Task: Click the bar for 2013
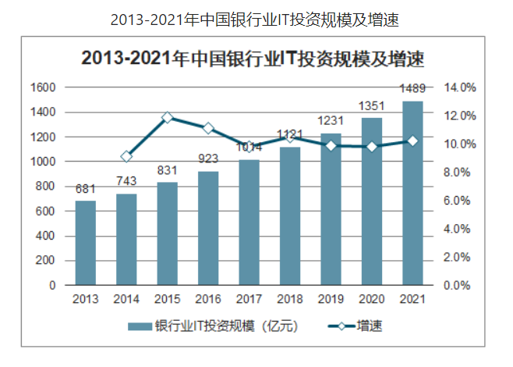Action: click(x=86, y=243)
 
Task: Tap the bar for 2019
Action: click(x=331, y=209)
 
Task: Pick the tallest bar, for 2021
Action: click(x=412, y=193)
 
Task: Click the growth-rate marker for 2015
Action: click(x=168, y=118)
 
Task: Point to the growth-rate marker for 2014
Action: click(x=127, y=156)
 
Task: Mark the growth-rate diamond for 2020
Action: click(x=372, y=146)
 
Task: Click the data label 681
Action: click(x=86, y=190)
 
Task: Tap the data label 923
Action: click(x=208, y=159)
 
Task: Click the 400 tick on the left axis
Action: click(x=47, y=236)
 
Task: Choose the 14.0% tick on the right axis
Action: click(x=461, y=87)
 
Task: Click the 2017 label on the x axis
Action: click(x=249, y=299)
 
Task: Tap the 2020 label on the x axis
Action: click(x=372, y=299)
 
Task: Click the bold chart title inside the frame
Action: click(x=256, y=58)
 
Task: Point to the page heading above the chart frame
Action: click(x=256, y=16)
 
